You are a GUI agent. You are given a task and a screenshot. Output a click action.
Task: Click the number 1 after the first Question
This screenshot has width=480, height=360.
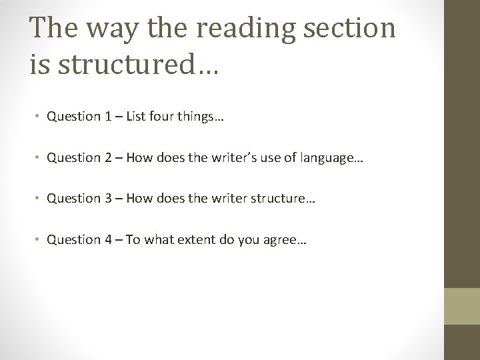[x=107, y=117]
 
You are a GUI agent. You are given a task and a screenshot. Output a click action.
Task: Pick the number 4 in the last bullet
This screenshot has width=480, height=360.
[x=107, y=239]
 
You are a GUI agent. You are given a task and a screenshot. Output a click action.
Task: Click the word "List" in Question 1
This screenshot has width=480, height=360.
[x=134, y=117]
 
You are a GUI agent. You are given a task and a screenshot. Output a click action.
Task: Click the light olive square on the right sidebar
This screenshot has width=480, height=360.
[x=462, y=305]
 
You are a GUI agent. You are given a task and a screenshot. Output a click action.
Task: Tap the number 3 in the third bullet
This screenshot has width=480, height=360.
[x=107, y=198]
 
